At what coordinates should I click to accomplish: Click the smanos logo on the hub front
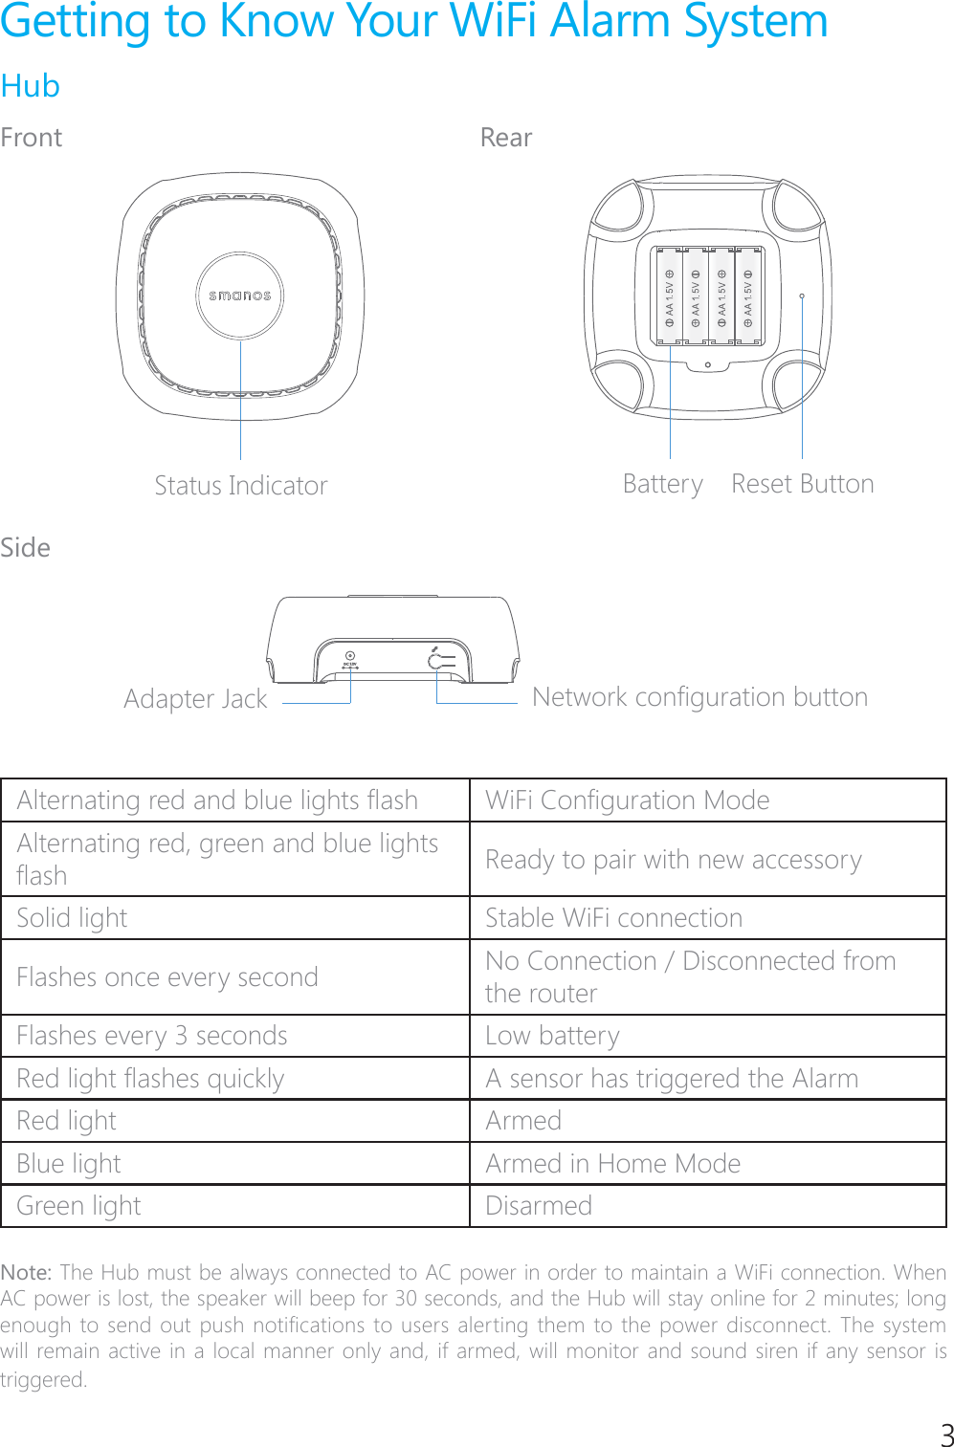(240, 296)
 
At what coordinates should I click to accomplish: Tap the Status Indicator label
(241, 486)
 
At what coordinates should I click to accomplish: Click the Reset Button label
(802, 484)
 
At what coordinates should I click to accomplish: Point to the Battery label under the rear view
(662, 484)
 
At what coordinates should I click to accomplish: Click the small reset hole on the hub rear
(802, 296)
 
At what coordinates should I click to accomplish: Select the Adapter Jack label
(195, 699)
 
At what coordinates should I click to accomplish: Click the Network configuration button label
(699, 697)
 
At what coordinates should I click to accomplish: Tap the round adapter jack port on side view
(350, 656)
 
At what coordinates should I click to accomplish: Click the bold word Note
(26, 1273)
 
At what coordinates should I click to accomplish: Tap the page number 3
(946, 1435)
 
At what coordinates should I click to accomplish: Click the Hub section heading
(31, 86)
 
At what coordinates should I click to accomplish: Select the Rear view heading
(505, 139)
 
